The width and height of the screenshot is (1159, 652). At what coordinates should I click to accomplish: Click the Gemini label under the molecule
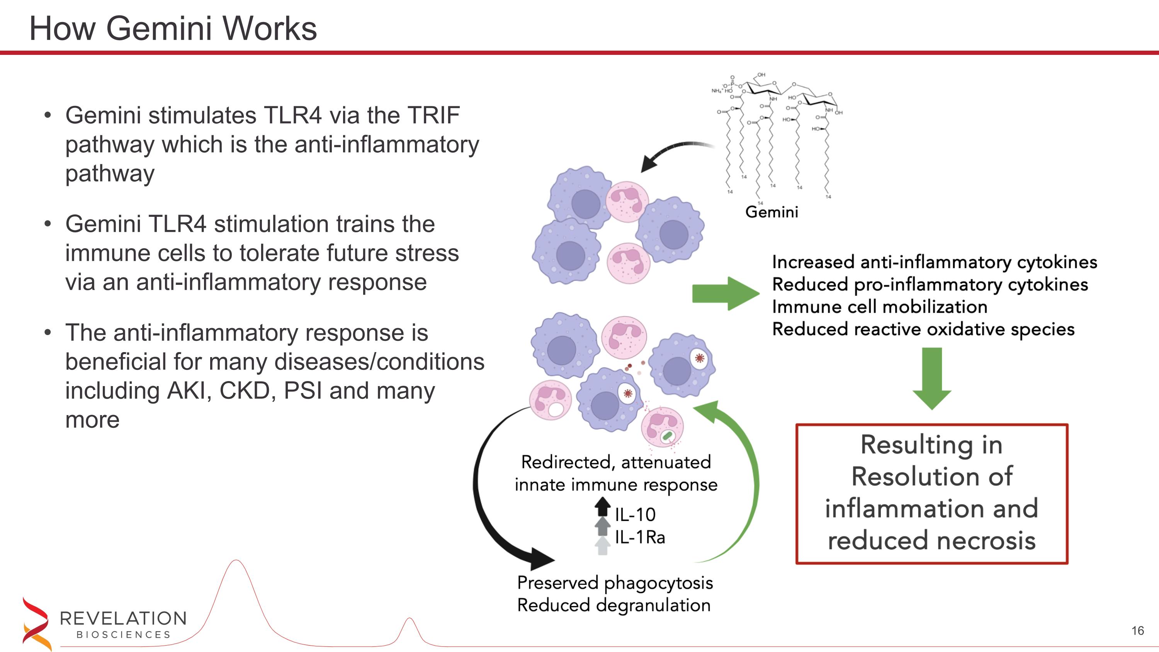coord(772,212)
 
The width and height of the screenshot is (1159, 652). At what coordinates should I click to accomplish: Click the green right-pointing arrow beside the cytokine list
coord(725,293)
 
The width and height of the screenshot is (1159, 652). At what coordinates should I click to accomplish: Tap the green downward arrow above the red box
coord(931,378)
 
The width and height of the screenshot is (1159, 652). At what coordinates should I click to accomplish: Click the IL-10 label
coord(635,515)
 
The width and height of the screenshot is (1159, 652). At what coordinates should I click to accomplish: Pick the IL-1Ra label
coord(639,537)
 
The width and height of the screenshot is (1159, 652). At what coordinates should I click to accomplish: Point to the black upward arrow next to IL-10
coord(602,507)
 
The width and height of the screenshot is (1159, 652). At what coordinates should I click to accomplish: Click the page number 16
coord(1137,631)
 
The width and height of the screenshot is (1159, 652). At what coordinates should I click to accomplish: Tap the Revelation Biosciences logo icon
coord(35,623)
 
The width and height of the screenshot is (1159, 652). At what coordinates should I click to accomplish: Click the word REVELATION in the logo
coord(123,619)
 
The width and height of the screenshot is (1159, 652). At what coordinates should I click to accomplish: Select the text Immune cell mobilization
coord(880,307)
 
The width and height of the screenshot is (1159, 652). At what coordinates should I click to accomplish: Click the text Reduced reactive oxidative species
coord(923,329)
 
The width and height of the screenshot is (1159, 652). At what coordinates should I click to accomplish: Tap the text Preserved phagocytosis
coord(615,583)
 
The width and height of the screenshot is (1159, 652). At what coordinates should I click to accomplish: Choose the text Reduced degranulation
coord(614,606)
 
